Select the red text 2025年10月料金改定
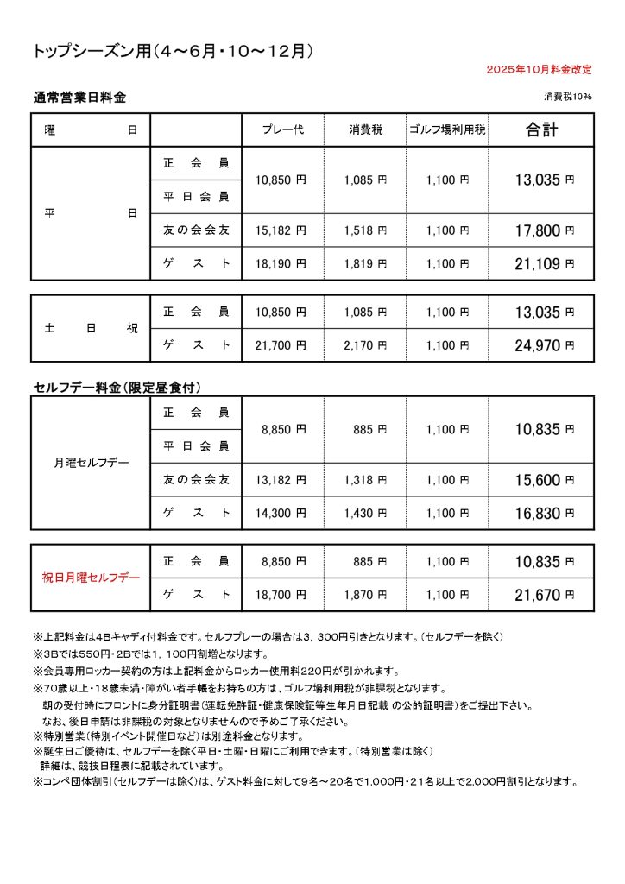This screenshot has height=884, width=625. click(x=539, y=68)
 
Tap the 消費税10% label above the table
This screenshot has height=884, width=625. click(x=568, y=96)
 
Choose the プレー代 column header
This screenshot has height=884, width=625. click(x=283, y=130)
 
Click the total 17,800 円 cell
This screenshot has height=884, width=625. click(x=544, y=230)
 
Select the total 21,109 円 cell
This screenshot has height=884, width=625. click(x=544, y=264)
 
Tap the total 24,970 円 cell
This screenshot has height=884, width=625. click(x=544, y=345)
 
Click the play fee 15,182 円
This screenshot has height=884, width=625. click(x=283, y=230)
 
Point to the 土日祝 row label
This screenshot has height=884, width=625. click(x=90, y=328)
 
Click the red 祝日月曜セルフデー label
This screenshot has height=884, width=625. click(x=90, y=578)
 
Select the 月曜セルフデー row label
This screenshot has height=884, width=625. click(x=90, y=463)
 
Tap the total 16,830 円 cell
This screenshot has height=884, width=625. click(x=544, y=513)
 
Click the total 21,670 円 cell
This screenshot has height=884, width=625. click(x=544, y=595)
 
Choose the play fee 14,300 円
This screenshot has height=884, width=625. click(x=283, y=513)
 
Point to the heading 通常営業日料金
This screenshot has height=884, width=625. click(x=79, y=97)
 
